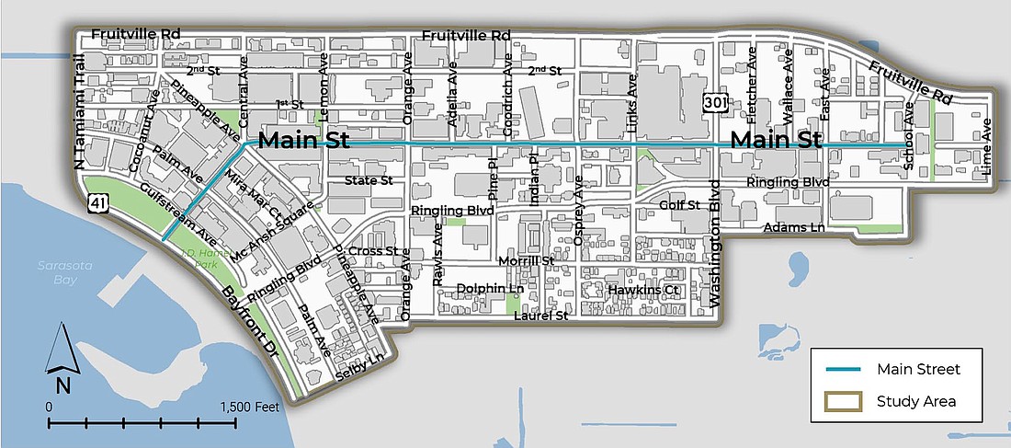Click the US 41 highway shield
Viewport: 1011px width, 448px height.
[96, 201]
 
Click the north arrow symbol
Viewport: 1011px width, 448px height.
[61, 359]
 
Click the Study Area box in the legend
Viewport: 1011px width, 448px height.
[842, 401]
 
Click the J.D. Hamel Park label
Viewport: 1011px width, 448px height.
[206, 256]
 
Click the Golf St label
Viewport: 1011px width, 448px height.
[680, 204]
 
